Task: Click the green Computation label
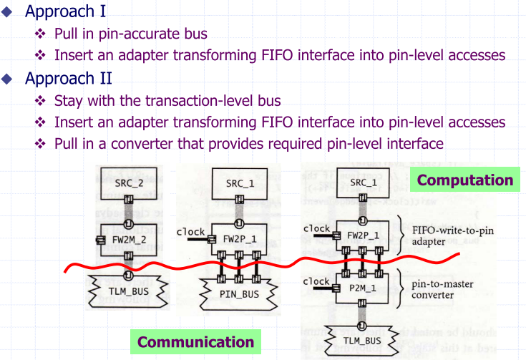pyautogui.click(x=465, y=180)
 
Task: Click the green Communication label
pyautogui.click(x=195, y=341)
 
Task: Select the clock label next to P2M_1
pyautogui.click(x=316, y=281)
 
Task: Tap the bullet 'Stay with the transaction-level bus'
pyautogui.click(x=167, y=100)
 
